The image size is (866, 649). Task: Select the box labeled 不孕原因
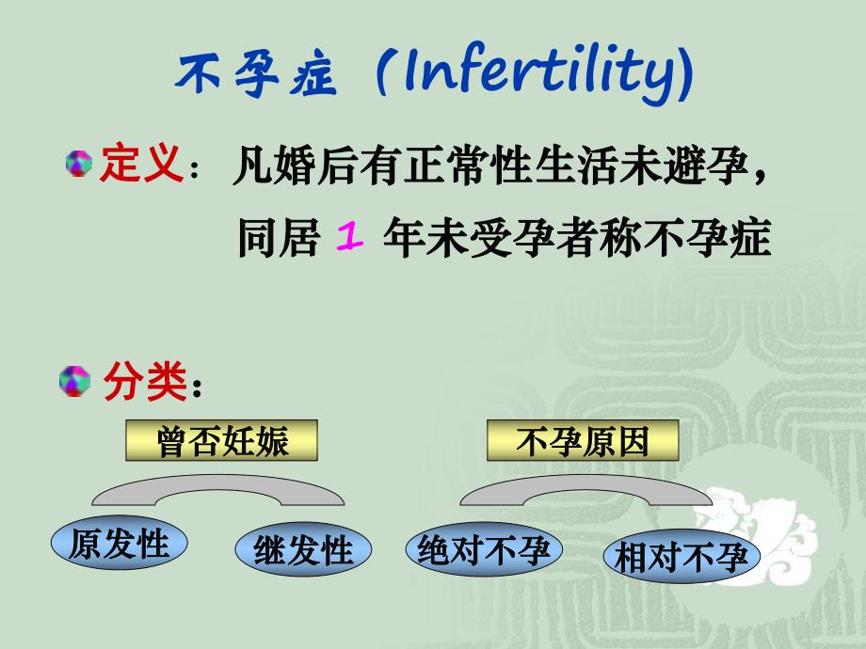click(582, 441)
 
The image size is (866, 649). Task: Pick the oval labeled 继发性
click(302, 550)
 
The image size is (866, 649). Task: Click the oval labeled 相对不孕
click(681, 559)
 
